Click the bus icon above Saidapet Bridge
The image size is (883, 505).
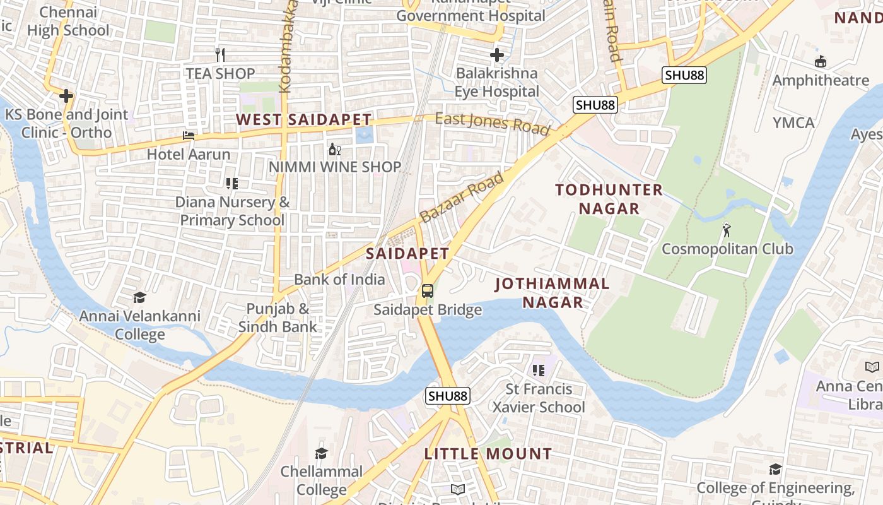point(428,291)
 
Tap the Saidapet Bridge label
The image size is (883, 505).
point(428,310)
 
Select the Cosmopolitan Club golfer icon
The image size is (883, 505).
point(727,230)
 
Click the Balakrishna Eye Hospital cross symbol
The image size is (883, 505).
point(497,55)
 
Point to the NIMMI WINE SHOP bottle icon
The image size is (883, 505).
point(334,150)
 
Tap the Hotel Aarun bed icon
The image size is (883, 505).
point(189,136)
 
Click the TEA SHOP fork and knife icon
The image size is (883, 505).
point(220,55)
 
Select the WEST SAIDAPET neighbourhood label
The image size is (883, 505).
point(303,119)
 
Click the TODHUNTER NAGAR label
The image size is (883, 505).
point(609,199)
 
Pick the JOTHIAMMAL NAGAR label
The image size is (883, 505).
point(553,293)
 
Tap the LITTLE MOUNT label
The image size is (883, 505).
point(488,454)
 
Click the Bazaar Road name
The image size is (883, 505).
point(462,197)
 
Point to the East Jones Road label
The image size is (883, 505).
point(492,122)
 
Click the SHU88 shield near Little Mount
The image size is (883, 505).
point(448,396)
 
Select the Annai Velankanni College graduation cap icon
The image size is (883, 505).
point(139,297)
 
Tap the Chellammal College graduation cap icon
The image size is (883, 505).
point(321,453)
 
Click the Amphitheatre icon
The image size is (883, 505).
point(821,62)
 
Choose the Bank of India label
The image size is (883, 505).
point(339,279)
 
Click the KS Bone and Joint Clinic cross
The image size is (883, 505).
point(66,96)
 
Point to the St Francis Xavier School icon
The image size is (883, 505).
point(538,370)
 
